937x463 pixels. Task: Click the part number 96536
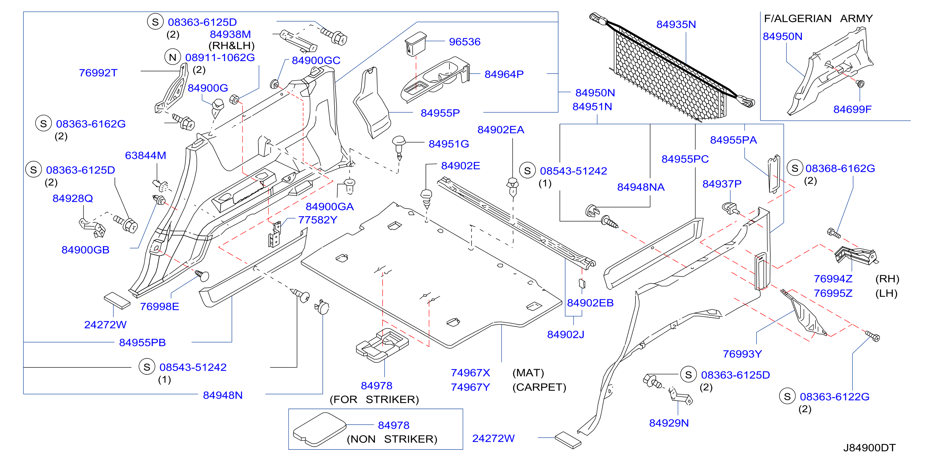464,42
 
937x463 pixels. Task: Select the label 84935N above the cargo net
676,24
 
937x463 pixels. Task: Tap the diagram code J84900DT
869,448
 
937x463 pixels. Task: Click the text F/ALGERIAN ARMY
818,18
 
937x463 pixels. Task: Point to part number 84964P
504,74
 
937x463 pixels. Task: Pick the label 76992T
98,73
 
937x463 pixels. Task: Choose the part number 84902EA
501,130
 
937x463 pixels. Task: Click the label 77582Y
317,220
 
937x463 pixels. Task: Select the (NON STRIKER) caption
392,439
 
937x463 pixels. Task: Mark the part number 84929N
669,423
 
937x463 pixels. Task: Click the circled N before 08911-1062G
172,57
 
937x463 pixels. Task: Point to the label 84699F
852,109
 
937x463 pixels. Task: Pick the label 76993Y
742,354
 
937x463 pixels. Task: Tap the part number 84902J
566,334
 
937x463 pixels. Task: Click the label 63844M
145,155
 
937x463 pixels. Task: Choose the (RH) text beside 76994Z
887,279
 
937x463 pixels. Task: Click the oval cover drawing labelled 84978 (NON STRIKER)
319,429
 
